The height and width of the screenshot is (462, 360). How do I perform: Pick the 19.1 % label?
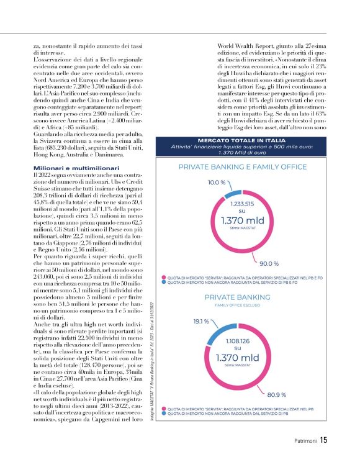(200, 322)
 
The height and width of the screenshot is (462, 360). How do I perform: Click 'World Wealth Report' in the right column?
(245, 46)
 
